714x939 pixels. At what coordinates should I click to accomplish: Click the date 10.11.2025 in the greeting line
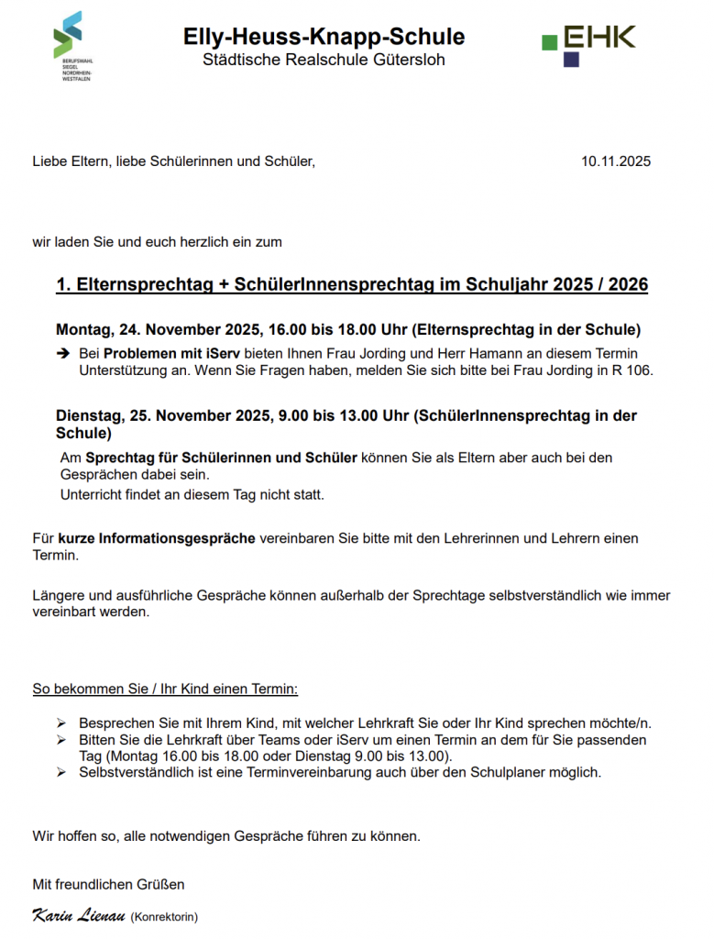click(616, 161)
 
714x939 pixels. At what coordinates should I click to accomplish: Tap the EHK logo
click(588, 44)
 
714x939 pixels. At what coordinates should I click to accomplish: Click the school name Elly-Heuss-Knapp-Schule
click(324, 37)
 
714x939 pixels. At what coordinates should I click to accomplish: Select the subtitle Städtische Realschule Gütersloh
click(324, 61)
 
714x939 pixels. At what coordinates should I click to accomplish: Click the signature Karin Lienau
click(78, 915)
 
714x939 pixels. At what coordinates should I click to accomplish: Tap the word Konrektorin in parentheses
click(164, 916)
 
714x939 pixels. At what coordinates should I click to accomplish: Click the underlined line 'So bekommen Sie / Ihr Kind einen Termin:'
click(165, 688)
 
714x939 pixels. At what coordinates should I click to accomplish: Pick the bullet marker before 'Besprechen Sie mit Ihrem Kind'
click(61, 723)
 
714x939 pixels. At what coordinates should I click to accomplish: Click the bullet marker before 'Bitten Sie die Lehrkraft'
click(61, 739)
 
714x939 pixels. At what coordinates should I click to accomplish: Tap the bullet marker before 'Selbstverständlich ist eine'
click(61, 772)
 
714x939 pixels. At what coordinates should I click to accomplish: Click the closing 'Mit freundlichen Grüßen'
click(108, 884)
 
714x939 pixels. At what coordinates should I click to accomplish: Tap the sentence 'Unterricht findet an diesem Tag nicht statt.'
click(192, 495)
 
